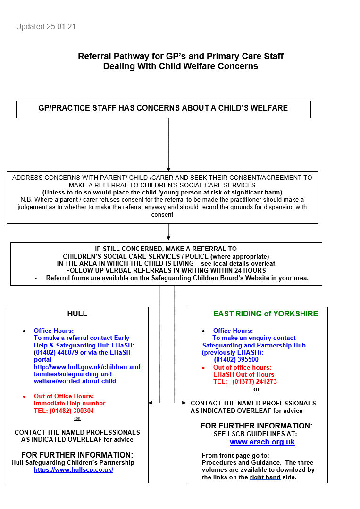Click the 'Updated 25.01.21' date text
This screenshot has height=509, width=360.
tap(46, 27)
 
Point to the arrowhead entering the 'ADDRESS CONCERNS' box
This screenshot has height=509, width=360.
tap(168, 169)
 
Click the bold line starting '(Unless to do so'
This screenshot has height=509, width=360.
tap(162, 192)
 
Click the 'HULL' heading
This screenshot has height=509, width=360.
tap(77, 314)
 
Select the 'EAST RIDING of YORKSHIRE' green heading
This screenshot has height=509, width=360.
tap(266, 314)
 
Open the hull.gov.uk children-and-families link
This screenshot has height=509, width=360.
tap(88, 374)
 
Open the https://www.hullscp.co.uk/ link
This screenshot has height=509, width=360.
tap(74, 469)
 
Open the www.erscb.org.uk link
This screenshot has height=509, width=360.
tap(262, 442)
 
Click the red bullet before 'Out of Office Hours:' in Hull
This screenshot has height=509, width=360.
tap(25, 396)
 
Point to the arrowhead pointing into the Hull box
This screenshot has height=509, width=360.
tap(151, 403)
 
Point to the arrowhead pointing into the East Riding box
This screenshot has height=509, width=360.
tap(184, 403)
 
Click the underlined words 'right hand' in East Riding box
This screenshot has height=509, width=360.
tap(265, 477)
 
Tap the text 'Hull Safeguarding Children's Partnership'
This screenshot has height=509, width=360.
tap(73, 462)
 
